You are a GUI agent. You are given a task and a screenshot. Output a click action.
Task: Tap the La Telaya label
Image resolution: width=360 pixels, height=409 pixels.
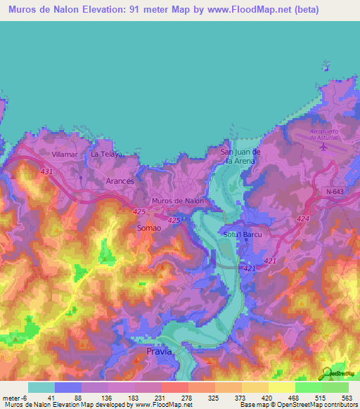pyautogui.click(x=107, y=153)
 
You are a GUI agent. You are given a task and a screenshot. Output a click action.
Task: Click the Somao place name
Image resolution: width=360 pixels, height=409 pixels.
pyautogui.click(x=150, y=228)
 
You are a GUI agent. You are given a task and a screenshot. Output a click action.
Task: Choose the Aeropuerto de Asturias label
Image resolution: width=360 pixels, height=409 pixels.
pyautogui.click(x=324, y=134)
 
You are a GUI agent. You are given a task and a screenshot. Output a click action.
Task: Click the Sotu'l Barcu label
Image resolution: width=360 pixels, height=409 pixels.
pyautogui.click(x=240, y=235)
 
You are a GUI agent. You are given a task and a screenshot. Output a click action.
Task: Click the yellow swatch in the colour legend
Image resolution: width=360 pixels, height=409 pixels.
pyautogui.click(x=281, y=387)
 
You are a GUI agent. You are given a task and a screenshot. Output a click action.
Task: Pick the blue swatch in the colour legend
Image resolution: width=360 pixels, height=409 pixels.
pyautogui.click(x=68, y=387)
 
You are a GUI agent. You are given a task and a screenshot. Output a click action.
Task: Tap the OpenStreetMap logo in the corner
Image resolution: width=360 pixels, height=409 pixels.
pyautogui.click(x=326, y=372)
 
